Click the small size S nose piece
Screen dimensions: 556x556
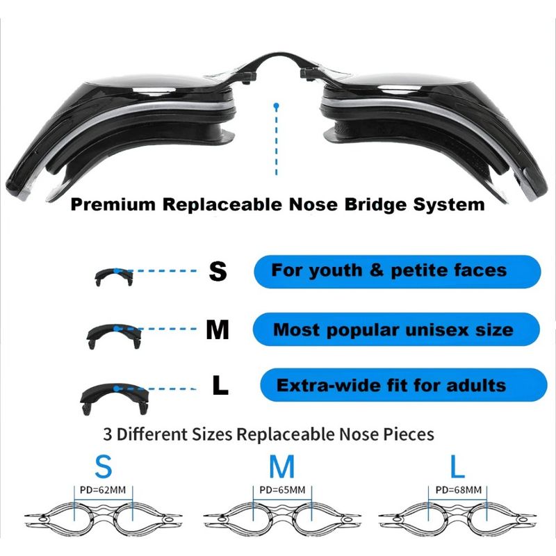tap(114, 277)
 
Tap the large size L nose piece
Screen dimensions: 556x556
tap(115, 398)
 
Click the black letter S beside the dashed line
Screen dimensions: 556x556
tap(218, 271)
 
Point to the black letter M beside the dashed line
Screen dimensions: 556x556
tap(218, 329)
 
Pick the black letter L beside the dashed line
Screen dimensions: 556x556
tap(220, 386)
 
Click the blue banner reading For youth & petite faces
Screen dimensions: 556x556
tap(398, 271)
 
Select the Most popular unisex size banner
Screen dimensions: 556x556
tap(396, 329)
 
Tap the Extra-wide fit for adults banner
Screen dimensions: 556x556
tap(404, 385)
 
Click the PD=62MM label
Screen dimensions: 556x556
tap(103, 490)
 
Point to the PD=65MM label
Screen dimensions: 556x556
tap(282, 490)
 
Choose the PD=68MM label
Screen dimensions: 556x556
tap(459, 490)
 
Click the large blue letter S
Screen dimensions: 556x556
tap(104, 466)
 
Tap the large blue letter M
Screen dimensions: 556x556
tap(282, 466)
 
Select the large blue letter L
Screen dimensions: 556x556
tap(457, 466)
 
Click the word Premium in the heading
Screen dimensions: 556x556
tap(113, 204)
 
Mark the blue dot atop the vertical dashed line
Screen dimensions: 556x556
tap(277, 106)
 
